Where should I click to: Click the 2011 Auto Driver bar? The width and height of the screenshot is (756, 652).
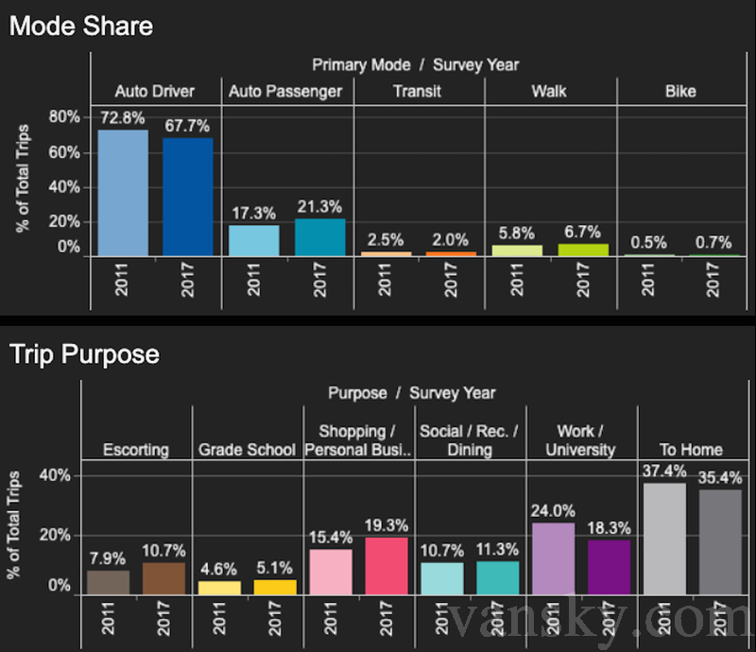[123, 193]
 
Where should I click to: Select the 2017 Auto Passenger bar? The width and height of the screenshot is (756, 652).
[319, 237]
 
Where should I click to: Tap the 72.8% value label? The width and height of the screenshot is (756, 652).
[123, 118]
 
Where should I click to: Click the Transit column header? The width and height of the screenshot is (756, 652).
[417, 92]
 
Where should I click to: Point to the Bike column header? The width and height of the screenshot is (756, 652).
[679, 92]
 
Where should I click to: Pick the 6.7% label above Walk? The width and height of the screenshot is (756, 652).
[582, 232]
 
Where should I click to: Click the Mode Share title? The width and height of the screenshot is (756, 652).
[81, 26]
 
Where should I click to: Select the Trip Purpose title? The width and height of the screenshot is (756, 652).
[84, 355]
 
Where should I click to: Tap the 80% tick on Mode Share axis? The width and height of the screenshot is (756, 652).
[64, 117]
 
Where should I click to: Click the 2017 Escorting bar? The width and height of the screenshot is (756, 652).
[163, 578]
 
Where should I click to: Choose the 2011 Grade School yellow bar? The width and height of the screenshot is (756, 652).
[219, 587]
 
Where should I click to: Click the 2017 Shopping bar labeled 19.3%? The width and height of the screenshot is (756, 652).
[386, 565]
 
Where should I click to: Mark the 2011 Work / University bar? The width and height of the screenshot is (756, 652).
[553, 558]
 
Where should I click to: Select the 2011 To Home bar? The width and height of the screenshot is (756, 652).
[664, 539]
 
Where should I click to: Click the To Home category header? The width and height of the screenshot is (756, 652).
[691, 450]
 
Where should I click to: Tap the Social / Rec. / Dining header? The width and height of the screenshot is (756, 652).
[469, 440]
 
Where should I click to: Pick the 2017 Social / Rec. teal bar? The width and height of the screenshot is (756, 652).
[497, 577]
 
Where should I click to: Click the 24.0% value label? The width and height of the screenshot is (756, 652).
[553, 510]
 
